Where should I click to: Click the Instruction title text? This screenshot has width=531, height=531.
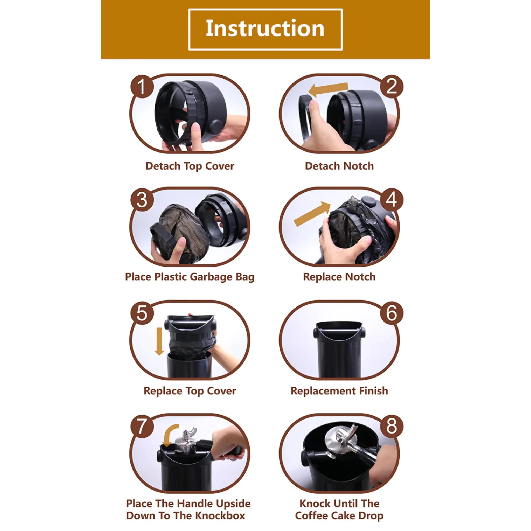coord(265,29)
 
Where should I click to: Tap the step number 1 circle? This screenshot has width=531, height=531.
coord(142,87)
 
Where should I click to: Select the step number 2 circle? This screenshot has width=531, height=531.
coord(391,87)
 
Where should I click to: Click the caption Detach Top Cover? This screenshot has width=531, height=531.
coord(190,166)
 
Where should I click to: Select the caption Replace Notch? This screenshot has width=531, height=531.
coord(339,277)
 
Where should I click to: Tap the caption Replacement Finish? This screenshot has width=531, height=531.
coord(339,391)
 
